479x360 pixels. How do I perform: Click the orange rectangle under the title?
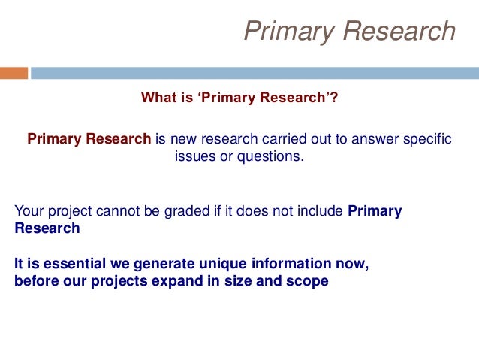point(14,73)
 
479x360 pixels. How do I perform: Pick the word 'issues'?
point(193,156)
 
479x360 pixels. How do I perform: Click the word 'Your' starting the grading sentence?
point(29,211)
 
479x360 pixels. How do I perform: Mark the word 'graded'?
point(175,211)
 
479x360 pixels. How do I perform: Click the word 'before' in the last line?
point(35,283)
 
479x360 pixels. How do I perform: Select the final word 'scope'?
point(309,283)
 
